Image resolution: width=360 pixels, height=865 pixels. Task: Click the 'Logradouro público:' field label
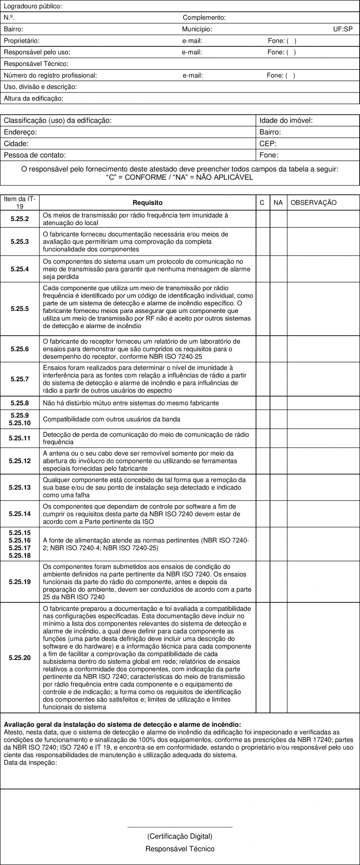tap(33, 6)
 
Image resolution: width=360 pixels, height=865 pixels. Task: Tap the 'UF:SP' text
tap(343, 29)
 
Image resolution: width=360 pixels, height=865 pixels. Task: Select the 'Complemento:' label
tap(204, 18)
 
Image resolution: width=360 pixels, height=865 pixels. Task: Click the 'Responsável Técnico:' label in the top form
tap(36, 64)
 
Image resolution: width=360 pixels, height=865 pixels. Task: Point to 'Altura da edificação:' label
tap(33, 98)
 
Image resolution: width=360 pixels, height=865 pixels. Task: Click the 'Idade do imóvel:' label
tap(286, 120)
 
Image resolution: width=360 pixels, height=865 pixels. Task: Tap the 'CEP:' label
tap(268, 144)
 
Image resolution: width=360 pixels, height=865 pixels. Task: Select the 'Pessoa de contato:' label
tap(35, 155)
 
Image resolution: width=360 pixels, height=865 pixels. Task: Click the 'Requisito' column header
tap(147, 203)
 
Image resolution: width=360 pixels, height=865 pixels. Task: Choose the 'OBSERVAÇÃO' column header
tap(314, 203)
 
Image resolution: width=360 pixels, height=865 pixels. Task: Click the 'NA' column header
tap(278, 203)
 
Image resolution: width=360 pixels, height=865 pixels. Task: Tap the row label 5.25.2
tap(20, 219)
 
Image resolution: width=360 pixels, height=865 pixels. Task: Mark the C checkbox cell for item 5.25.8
tap(262, 403)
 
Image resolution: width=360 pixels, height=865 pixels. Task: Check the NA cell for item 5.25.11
tap(278, 438)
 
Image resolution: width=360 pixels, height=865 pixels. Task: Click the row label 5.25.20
tap(20, 658)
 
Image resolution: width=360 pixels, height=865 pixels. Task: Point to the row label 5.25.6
tap(20, 349)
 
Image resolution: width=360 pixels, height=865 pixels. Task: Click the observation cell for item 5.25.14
tap(323, 514)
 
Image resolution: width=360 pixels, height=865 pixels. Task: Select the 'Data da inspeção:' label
tap(30, 762)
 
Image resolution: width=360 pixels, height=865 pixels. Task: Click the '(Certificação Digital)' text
tap(180, 836)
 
